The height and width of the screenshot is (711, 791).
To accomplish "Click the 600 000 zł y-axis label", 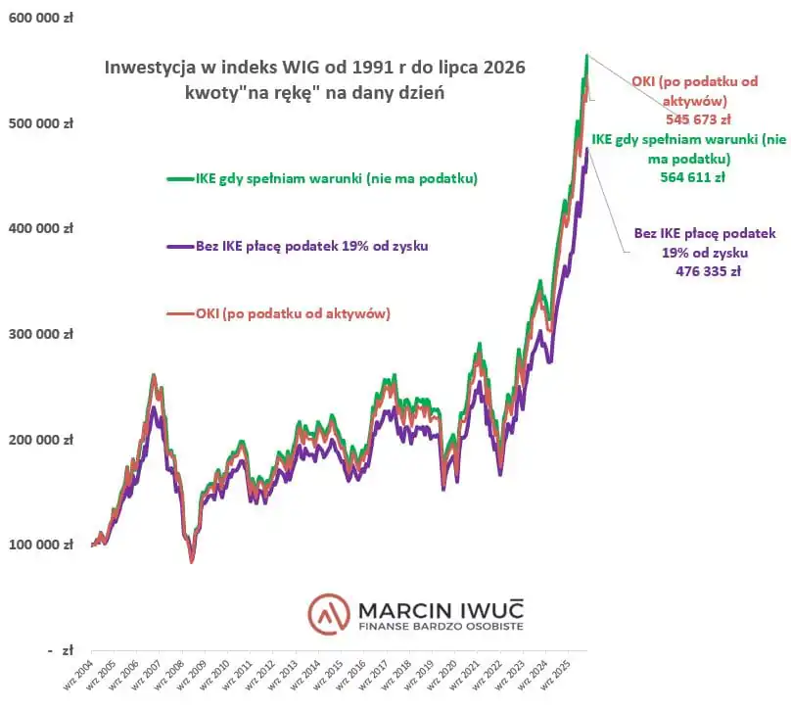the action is coord(41,19).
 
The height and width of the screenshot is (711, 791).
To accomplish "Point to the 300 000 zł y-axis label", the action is coord(41,334).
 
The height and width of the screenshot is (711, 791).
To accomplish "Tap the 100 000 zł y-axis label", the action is coord(41,545).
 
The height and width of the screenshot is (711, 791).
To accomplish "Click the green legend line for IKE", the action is coord(180,178).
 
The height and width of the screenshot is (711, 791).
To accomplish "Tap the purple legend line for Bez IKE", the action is coord(180,246).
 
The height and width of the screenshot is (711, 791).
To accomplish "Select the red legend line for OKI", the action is coord(180,313).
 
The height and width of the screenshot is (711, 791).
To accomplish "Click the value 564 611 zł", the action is coord(693,177).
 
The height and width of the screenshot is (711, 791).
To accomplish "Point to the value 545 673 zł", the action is coord(698,119).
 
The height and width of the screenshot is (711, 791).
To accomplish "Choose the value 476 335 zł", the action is coord(708,271).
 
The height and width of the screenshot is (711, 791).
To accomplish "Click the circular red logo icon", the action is coord(329,614).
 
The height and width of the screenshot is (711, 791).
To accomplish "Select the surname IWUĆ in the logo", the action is coord(492,610).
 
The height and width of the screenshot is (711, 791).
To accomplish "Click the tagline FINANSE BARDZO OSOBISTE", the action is coord(441,627).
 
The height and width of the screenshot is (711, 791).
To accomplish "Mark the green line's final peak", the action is coord(586,55).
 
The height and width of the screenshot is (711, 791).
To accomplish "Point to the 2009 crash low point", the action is coord(192,561).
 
